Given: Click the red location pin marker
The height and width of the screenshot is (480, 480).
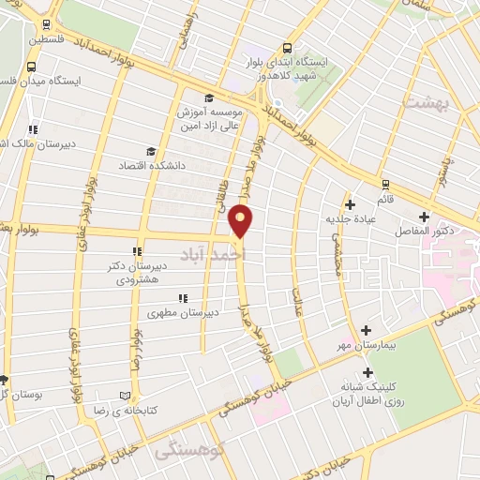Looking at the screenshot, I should (241, 220).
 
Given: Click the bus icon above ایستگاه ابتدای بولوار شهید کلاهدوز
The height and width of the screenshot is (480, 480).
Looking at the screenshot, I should (286, 51).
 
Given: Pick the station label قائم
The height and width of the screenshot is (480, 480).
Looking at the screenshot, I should (384, 197).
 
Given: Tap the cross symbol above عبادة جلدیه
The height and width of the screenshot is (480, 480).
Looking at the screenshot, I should (350, 204).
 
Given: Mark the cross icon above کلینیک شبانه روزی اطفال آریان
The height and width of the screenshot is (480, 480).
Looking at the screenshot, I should (367, 373).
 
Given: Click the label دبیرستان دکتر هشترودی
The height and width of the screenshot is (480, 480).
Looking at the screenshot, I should (137, 273).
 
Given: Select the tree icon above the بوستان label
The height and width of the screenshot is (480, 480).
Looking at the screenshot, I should (4, 380).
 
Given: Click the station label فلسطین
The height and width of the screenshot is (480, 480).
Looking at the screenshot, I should (47, 40).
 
